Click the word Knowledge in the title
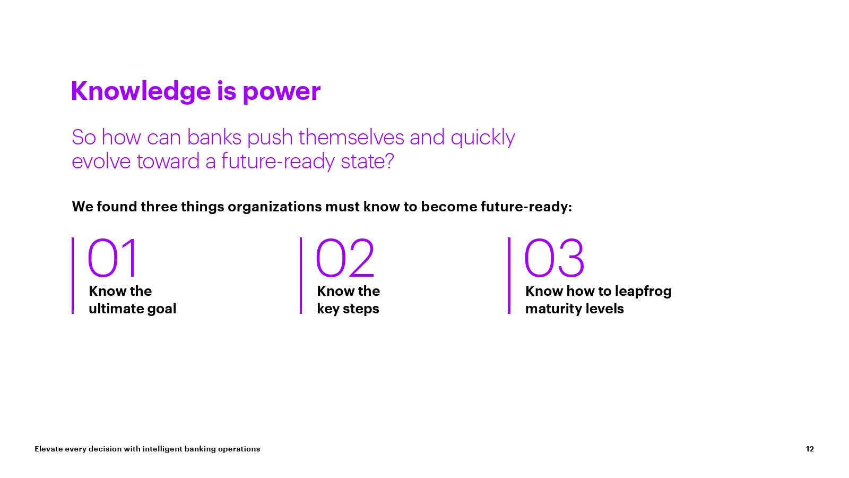point(141,91)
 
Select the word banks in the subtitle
point(214,138)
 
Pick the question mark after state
point(388,161)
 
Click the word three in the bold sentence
point(159,207)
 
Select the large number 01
point(112,258)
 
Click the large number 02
point(345,258)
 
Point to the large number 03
point(554,258)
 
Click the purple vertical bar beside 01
point(73,276)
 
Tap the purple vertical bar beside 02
point(301,276)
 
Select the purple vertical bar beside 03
point(509,276)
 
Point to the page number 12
point(810,449)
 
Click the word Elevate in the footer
point(48,449)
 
